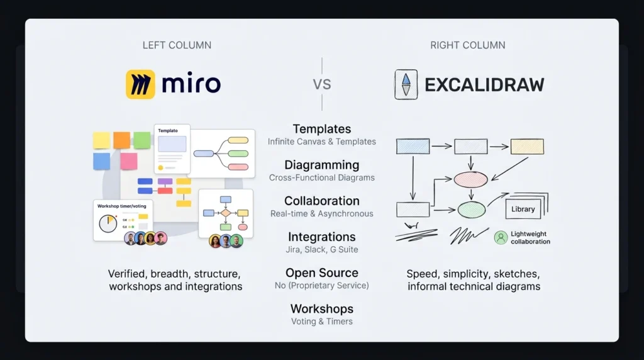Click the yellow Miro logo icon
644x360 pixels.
tap(140, 84)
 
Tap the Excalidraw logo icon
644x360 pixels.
tap(406, 84)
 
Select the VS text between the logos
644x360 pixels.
tap(321, 85)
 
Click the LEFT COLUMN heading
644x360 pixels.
tap(177, 45)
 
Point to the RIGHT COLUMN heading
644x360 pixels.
tap(468, 45)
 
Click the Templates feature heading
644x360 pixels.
tap(322, 129)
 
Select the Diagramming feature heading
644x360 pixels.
tap(322, 165)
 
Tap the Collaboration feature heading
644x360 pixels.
tap(322, 201)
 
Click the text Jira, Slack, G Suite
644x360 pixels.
tap(322, 249)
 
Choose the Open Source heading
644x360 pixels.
tap(322, 273)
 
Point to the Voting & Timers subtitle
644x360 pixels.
tap(322, 322)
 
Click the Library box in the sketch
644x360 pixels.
tap(523, 209)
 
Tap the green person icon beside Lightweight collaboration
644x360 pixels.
tap(501, 237)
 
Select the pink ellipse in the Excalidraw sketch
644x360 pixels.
tap(470, 179)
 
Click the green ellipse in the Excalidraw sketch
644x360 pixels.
tap(472, 210)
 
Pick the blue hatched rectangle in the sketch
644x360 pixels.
tap(413, 146)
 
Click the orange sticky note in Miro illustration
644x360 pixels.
tap(121, 140)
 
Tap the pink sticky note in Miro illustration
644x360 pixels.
tap(129, 161)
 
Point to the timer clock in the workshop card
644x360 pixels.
tap(108, 223)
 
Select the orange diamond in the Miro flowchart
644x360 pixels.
tap(226, 213)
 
